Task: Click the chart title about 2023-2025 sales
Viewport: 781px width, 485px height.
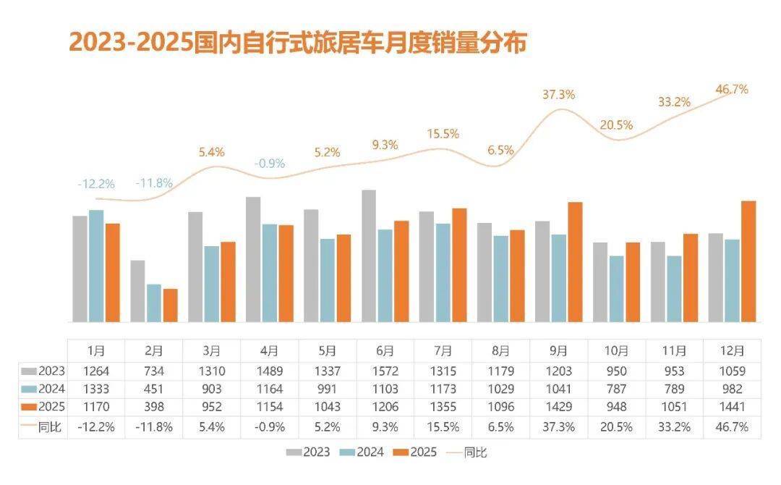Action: pos(297,42)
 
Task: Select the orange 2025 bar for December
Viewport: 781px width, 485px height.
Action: pos(748,261)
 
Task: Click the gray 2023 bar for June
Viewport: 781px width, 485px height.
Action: pos(368,256)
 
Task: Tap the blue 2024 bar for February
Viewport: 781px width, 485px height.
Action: pos(153,303)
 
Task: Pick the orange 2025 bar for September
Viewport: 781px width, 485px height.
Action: pos(575,262)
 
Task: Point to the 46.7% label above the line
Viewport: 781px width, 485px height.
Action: pos(732,90)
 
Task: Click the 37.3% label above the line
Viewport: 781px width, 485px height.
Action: pos(558,94)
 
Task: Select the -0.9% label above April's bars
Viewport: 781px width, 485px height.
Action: pos(269,164)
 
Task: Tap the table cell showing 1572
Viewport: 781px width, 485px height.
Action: pos(385,371)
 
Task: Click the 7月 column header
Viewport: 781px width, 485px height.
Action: pos(443,351)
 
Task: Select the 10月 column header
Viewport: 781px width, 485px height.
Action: pos(616,351)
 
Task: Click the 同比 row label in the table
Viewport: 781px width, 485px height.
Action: pos(44,427)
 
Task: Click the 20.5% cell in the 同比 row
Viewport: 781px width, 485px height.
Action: pos(616,427)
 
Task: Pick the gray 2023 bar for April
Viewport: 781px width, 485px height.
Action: pos(253,259)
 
